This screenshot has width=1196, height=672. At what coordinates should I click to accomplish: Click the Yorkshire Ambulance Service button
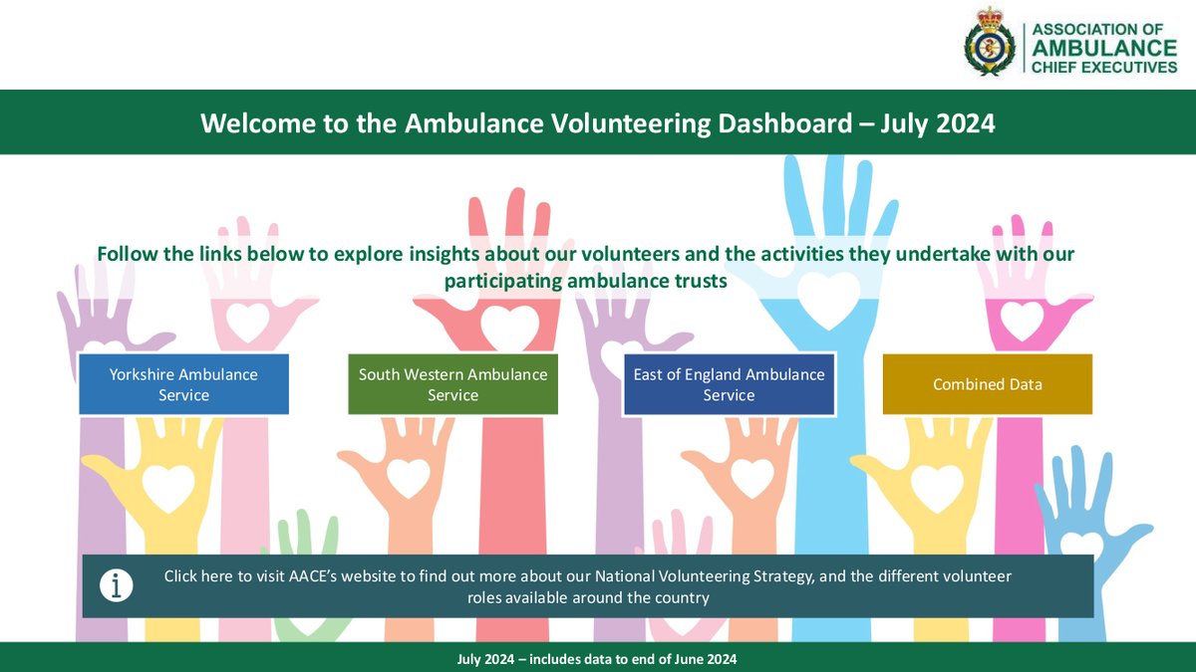[183, 384]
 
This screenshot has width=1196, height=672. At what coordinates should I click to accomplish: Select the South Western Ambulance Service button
[452, 384]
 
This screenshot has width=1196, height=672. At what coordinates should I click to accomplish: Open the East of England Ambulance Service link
[729, 384]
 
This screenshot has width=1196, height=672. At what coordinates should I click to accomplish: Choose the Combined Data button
[987, 384]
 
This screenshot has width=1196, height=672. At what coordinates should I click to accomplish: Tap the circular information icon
[117, 586]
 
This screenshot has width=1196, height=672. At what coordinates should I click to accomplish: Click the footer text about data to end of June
[597, 659]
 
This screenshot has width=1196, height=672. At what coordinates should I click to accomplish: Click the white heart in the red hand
[508, 326]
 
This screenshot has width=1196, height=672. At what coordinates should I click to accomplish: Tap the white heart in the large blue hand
[828, 296]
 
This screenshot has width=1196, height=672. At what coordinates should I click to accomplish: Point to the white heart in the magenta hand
[1021, 319]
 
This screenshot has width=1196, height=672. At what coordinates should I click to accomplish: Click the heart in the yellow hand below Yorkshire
[168, 487]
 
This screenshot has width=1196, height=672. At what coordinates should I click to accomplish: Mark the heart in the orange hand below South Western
[408, 477]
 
